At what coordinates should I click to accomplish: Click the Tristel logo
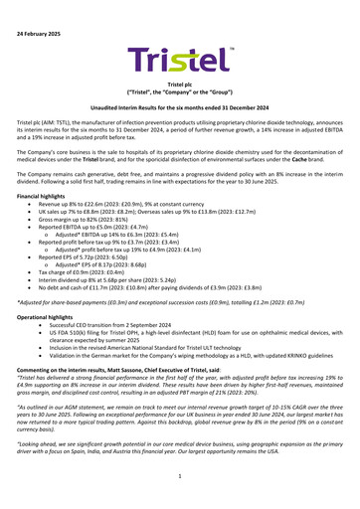point(179,62)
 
